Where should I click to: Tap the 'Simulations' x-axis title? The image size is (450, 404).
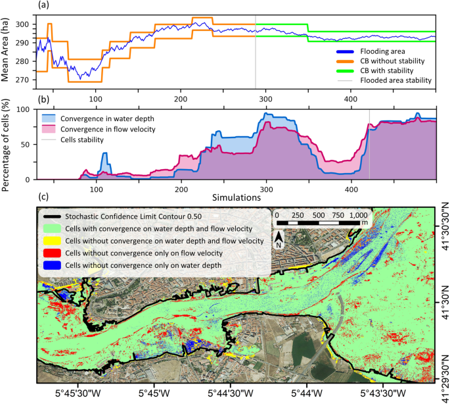pyautogui.click(x=236, y=196)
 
